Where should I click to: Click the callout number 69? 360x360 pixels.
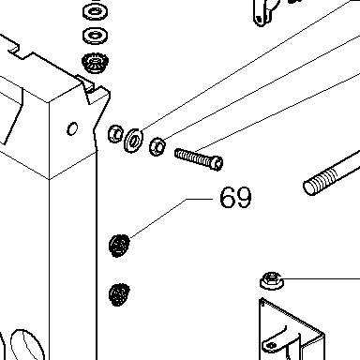(235, 198)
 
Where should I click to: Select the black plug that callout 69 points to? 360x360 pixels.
(119, 246)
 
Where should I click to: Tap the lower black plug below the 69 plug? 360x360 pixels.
(119, 294)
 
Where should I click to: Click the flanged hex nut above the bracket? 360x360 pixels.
(272, 280)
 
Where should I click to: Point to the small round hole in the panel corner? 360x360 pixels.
(72, 128)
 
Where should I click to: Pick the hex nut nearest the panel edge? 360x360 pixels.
(115, 134)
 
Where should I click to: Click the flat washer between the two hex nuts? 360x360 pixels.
(133, 141)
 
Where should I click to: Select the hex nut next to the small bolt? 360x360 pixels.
(157, 146)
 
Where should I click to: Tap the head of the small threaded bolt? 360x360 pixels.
(217, 163)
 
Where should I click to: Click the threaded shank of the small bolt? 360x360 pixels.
(193, 157)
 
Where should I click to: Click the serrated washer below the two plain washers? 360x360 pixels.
(95, 64)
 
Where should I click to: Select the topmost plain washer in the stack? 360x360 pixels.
(95, 12)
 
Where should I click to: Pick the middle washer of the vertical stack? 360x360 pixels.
(95, 35)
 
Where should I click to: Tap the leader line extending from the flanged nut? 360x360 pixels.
(321, 278)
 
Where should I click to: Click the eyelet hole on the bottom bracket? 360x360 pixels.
(271, 345)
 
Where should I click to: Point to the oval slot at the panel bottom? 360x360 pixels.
(27, 345)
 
